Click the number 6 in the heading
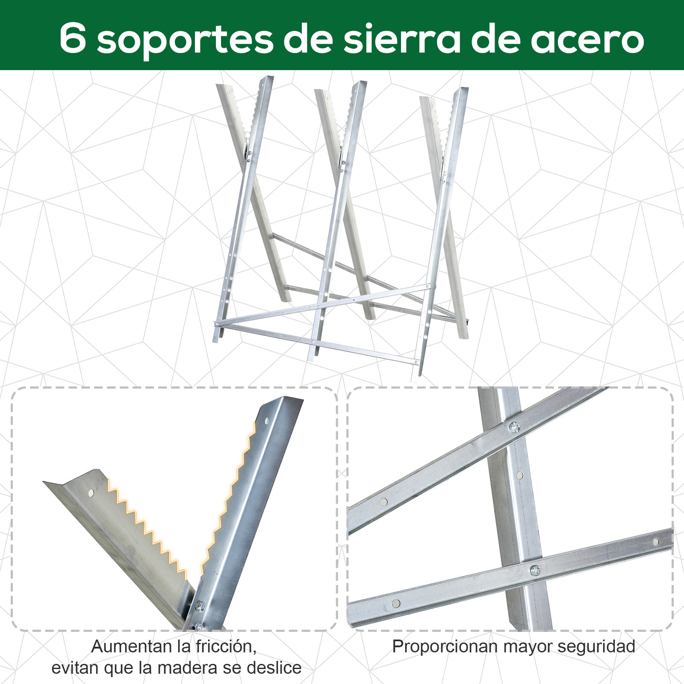tap(73, 38)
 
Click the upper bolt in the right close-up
tap(514, 427)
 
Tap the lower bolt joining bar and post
tap(535, 570)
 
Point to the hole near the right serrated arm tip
tap(267, 421)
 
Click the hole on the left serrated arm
tap(91, 493)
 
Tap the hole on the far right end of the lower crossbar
tap(655, 542)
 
